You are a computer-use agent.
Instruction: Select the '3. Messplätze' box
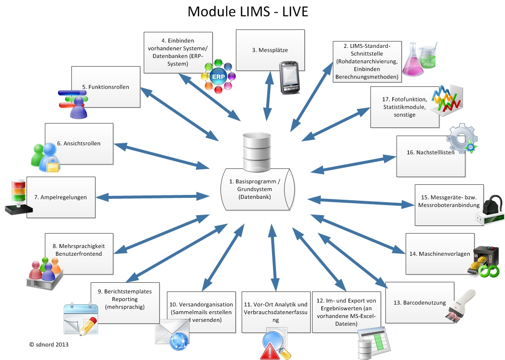pyautogui.click(x=270, y=50)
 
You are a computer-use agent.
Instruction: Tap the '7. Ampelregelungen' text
pyautogui.click(x=60, y=197)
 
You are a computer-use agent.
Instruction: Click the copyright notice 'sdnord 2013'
pyautogui.click(x=49, y=345)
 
